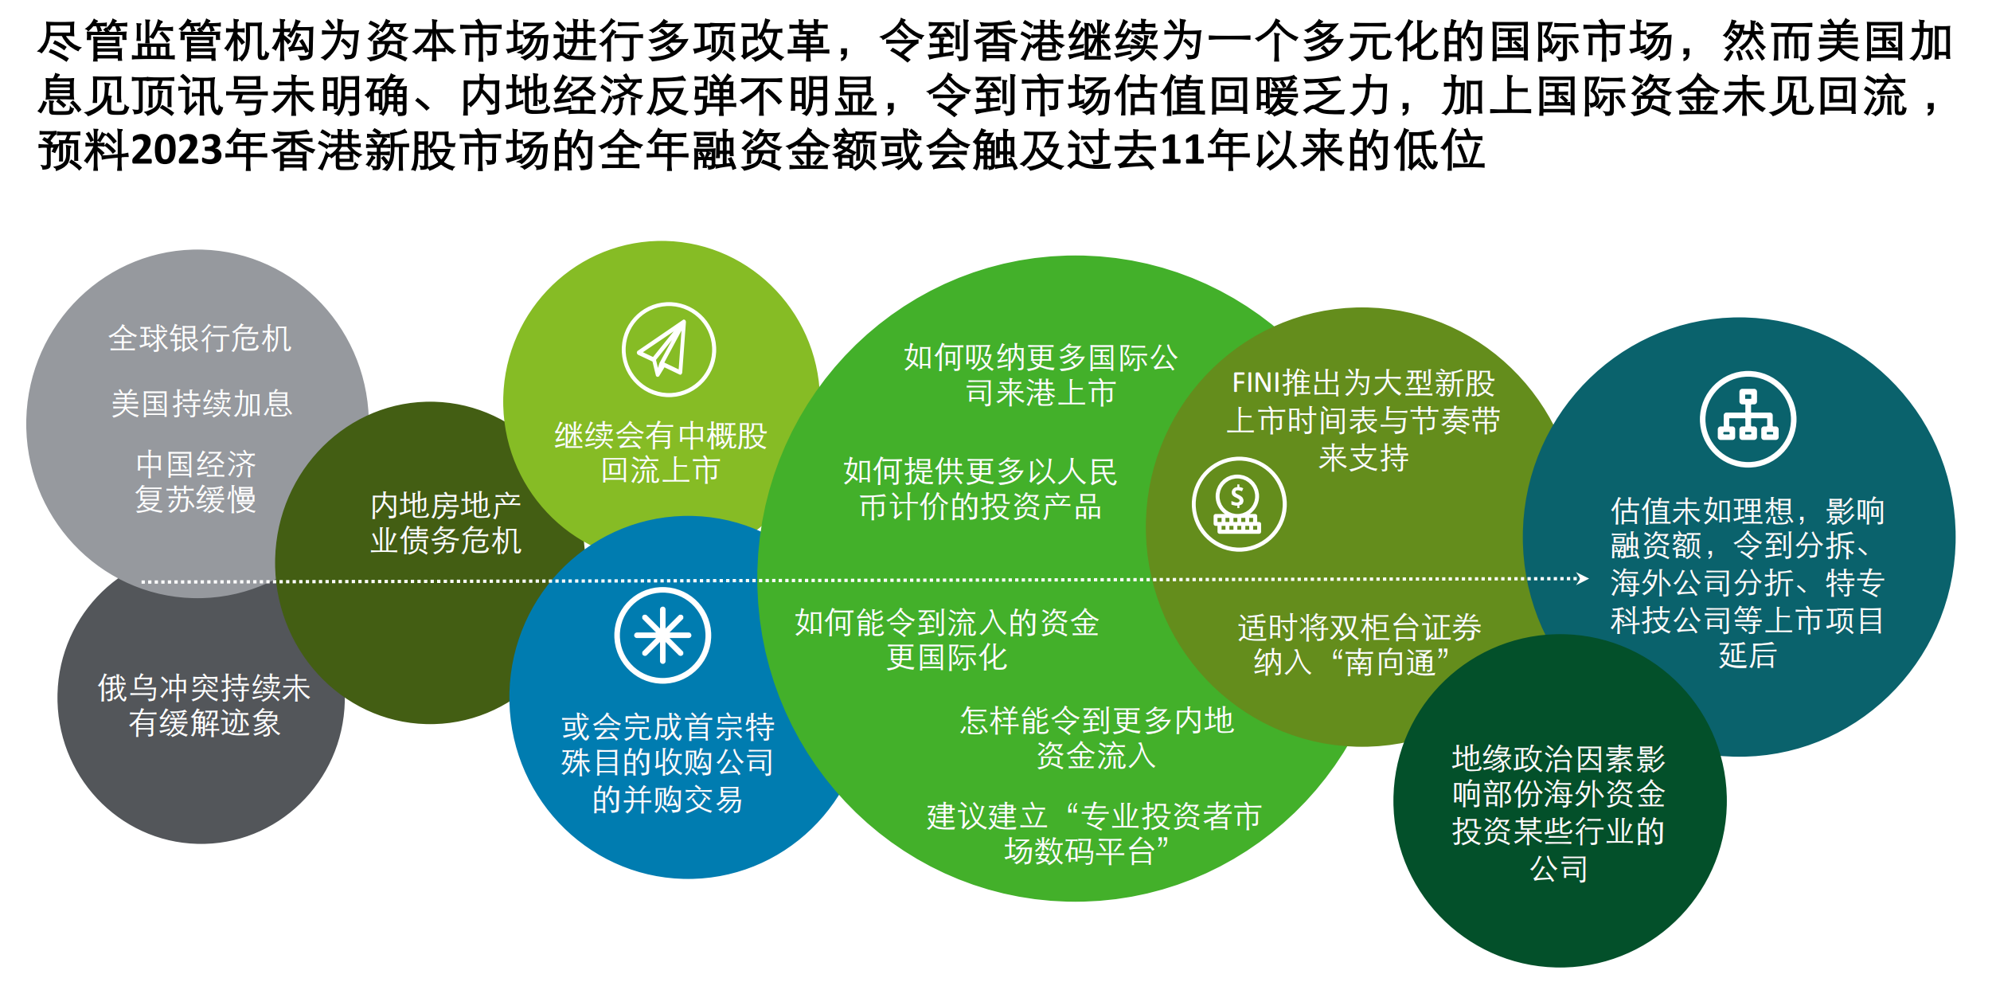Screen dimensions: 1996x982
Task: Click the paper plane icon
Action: [668, 349]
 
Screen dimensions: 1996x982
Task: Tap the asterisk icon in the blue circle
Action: [662, 636]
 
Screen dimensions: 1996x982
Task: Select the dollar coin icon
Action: [1238, 503]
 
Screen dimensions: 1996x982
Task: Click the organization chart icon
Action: [1748, 419]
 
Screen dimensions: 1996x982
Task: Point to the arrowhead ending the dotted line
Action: [1583, 578]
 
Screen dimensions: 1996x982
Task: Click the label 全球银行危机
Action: [200, 338]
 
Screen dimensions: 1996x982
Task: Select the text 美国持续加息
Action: [201, 404]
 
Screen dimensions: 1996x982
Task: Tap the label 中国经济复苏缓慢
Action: [196, 482]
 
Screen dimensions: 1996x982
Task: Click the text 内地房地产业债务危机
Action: [446, 523]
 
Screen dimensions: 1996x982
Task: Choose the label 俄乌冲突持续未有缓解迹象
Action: [204, 706]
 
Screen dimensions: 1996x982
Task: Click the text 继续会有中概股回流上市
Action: [661, 452]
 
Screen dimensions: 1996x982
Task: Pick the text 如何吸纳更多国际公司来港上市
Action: [1041, 375]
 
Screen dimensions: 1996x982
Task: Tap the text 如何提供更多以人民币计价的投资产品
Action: [981, 489]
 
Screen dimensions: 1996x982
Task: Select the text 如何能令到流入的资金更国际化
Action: [947, 640]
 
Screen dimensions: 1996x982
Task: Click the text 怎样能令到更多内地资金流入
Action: [1096, 737]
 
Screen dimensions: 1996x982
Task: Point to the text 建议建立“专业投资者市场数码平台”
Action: [1094, 834]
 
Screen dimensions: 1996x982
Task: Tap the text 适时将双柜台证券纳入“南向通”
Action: [1359, 644]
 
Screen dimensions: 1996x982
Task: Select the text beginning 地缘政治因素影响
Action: [1559, 813]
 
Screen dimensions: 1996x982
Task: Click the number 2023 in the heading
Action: [178, 150]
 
